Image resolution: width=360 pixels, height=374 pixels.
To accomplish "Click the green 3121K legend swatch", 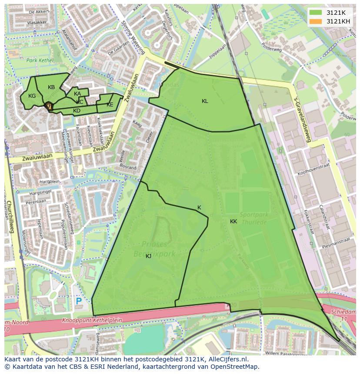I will pyautogui.click(x=316, y=13).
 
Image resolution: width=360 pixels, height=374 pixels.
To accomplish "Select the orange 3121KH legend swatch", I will pyautogui.click(x=316, y=21).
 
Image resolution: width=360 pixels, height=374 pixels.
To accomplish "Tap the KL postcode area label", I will pyautogui.click(x=205, y=101).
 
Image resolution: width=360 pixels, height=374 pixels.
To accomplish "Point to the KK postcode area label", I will pyautogui.click(x=233, y=222).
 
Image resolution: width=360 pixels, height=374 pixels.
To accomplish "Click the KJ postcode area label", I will pyautogui.click(x=148, y=256).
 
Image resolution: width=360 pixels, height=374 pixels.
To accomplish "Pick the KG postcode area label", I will pyautogui.click(x=32, y=96).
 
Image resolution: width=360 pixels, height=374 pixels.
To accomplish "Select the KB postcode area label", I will pyautogui.click(x=51, y=87).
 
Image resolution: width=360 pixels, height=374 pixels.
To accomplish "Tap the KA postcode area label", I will pyautogui.click(x=77, y=94).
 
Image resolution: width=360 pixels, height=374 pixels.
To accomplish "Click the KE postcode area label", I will pyautogui.click(x=110, y=105).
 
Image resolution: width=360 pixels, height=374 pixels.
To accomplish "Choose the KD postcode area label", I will pyautogui.click(x=77, y=111).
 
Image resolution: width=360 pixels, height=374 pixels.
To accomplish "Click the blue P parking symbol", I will pyautogui.click(x=79, y=301).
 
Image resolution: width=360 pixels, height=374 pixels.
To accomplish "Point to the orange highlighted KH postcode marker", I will pyautogui.click(x=49, y=106).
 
